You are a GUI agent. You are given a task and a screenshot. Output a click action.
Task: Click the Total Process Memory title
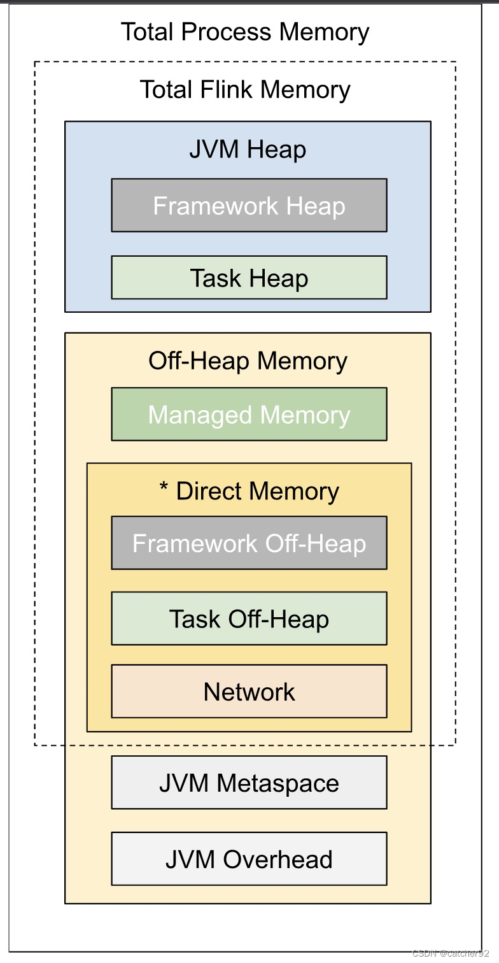click(x=245, y=32)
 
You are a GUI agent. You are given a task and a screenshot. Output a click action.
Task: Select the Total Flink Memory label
click(x=245, y=90)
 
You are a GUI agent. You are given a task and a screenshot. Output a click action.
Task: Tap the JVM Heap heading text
click(x=248, y=150)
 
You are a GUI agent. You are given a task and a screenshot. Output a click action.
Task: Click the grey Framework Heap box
click(x=249, y=206)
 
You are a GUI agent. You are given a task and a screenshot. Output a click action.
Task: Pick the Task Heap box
click(x=249, y=278)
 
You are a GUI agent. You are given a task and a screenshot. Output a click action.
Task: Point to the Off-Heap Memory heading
click(x=248, y=361)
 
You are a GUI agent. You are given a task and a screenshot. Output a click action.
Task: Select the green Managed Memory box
click(x=249, y=415)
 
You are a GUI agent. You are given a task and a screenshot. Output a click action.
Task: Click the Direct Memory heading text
click(x=257, y=491)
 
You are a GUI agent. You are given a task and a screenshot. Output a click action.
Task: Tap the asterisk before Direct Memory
click(x=164, y=489)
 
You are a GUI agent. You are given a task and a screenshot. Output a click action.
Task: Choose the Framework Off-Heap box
click(x=249, y=543)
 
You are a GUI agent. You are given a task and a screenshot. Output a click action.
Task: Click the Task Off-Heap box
click(x=249, y=619)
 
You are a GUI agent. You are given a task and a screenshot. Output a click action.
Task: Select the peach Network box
click(x=249, y=692)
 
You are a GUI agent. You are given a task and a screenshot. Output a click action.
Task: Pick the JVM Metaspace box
click(x=249, y=783)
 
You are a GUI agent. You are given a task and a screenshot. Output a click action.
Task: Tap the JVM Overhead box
click(x=249, y=859)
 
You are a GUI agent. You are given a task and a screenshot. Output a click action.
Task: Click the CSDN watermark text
click(x=451, y=953)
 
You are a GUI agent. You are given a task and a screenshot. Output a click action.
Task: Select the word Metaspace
click(x=278, y=783)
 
